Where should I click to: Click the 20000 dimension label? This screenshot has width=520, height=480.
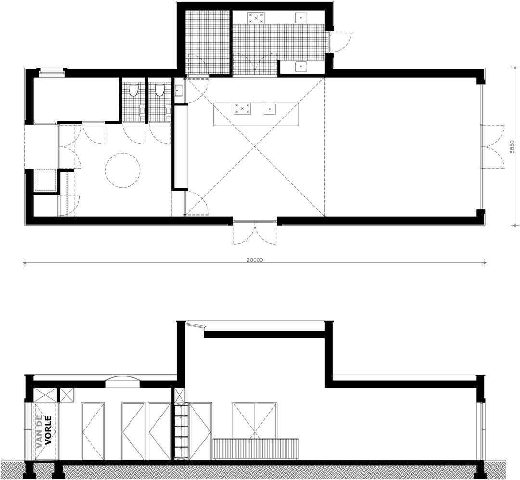click(255, 260)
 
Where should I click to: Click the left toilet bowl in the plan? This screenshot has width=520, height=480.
click(133, 90)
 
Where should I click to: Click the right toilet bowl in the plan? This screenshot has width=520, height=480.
click(159, 90)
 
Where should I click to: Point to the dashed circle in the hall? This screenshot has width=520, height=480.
click(123, 169)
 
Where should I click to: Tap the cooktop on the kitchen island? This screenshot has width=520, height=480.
click(242, 109)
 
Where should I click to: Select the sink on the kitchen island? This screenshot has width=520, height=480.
click(270, 109)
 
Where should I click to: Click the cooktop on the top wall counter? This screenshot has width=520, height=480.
click(256, 18)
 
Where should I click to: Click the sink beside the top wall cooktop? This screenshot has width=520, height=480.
click(301, 18)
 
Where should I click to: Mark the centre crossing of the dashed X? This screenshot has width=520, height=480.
click(255, 146)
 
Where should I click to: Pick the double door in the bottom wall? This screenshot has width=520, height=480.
click(255, 232)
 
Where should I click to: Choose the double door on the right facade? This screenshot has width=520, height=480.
click(493, 147)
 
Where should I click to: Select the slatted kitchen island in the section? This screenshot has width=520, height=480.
click(255, 450)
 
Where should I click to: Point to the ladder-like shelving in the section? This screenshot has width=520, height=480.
click(181, 431)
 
